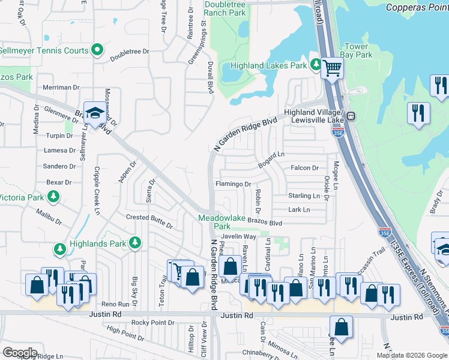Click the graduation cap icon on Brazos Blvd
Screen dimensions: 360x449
click(94, 112)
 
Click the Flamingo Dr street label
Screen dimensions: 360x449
click(232, 184)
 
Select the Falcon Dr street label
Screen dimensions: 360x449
click(304, 168)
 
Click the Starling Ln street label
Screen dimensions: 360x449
click(304, 196)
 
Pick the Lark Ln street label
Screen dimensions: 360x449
click(298, 209)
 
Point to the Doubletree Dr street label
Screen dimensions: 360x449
click(129, 52)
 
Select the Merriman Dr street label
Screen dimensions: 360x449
click(61, 88)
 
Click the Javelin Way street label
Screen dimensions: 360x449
click(241, 237)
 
